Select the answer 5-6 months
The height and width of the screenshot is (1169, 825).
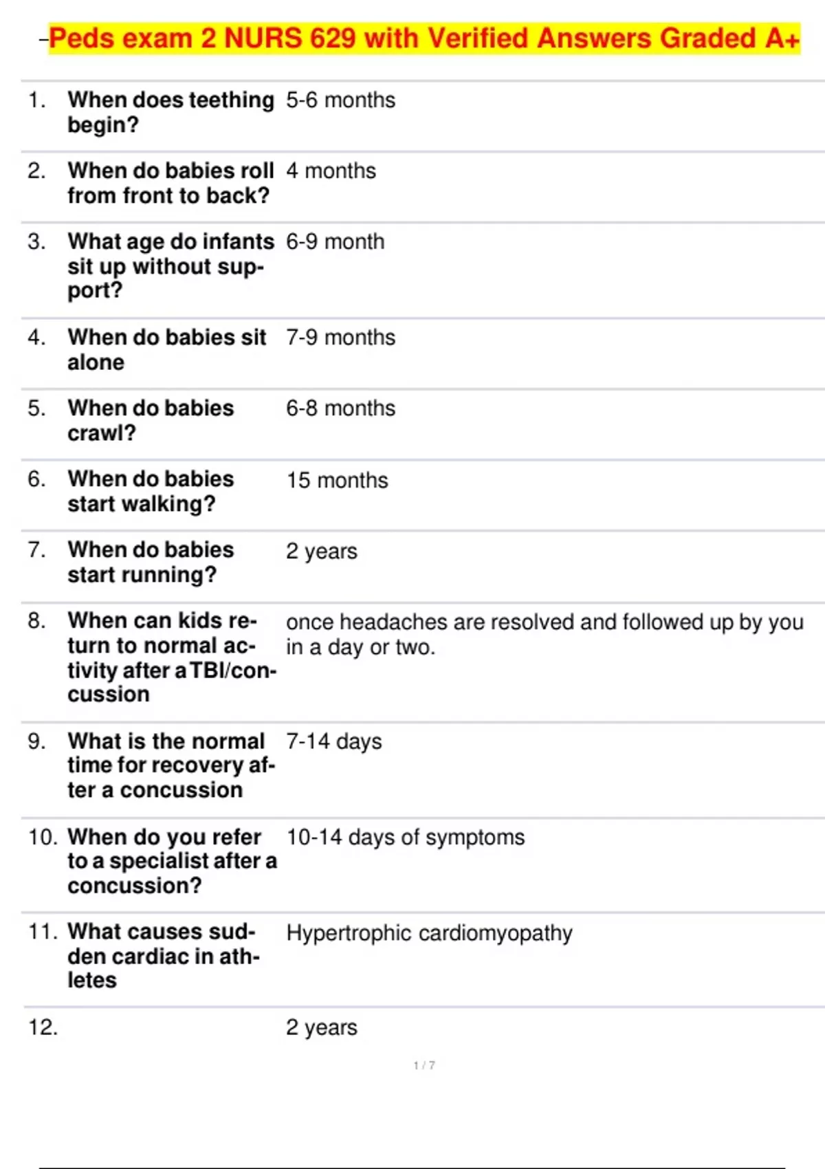pos(340,100)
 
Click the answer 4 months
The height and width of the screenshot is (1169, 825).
pos(331,171)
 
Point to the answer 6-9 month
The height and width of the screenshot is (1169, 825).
pos(335,242)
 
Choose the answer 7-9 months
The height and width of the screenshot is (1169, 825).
pos(340,338)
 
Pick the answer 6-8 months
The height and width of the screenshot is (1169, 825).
pos(340,408)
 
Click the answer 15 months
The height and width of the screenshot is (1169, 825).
pos(337,480)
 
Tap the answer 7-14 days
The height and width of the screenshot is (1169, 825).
pos(333,741)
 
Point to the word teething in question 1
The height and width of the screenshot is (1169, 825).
pos(231,100)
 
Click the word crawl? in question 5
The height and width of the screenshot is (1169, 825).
pos(102,433)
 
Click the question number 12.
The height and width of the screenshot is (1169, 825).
pos(43,1027)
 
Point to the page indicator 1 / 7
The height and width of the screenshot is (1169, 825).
pos(423,1065)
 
